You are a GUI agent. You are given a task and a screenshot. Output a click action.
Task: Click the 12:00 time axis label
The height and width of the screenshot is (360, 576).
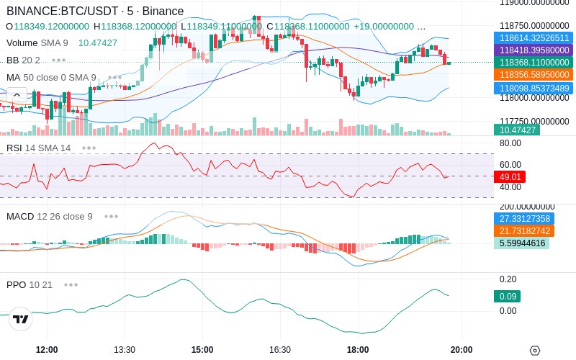point(47,349)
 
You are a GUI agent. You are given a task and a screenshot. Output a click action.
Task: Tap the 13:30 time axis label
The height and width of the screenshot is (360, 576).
point(125,349)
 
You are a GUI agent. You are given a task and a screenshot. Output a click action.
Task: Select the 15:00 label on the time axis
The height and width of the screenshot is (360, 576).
point(202,349)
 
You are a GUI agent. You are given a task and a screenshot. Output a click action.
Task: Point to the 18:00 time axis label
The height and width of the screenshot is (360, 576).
point(358,349)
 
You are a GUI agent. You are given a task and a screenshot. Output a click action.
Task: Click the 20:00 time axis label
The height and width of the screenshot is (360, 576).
point(462,349)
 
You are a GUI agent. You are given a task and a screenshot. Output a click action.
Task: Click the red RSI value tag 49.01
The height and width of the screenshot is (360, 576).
point(510,176)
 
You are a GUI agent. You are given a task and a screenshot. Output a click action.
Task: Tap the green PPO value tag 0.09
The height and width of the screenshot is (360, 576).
point(507,296)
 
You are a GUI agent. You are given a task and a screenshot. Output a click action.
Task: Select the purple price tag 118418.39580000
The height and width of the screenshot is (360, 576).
point(534,50)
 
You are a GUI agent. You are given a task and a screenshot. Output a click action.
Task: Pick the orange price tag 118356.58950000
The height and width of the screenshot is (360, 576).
point(534,75)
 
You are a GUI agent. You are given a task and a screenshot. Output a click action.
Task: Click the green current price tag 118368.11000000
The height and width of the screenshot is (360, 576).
point(534,63)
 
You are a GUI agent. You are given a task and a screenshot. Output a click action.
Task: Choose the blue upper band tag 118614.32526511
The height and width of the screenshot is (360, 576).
point(534,38)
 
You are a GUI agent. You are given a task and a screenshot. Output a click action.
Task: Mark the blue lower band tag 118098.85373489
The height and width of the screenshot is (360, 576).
point(534,88)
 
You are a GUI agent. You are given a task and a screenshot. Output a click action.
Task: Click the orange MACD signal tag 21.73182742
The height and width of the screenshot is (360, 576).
point(524,230)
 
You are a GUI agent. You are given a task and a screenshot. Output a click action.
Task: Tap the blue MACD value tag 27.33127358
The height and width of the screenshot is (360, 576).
point(524,219)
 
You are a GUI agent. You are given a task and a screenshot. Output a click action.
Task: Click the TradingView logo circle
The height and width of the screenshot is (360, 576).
point(21,319)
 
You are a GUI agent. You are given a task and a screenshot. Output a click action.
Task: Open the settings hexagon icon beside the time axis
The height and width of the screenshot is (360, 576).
point(535,351)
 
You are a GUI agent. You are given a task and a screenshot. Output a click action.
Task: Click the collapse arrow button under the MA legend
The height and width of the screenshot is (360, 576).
point(17,95)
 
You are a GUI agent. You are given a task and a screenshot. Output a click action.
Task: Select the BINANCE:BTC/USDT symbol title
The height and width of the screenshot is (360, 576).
point(63,11)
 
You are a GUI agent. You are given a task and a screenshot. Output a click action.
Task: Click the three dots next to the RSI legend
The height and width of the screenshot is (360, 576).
point(89,148)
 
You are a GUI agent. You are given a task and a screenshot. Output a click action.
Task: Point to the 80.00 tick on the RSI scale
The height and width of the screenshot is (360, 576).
point(510,143)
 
